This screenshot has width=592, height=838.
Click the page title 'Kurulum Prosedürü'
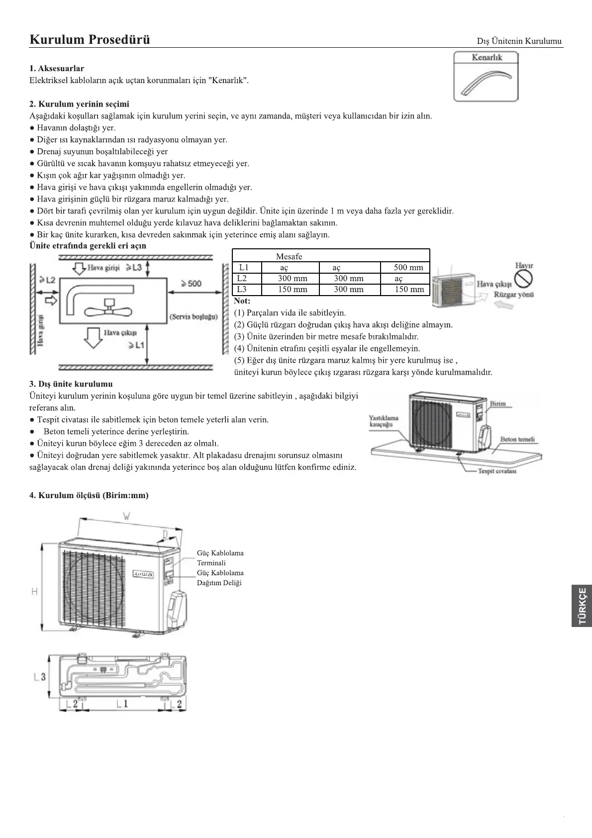coord(90,39)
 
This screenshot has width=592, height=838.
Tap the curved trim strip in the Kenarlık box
coord(485,82)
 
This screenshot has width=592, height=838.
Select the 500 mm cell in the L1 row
coord(408,268)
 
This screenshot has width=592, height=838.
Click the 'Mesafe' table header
coord(289,256)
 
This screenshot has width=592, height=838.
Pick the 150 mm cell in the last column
coord(409,290)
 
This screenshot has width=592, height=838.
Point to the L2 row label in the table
coord(242,279)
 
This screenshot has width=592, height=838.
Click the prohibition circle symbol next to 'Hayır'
coord(523,280)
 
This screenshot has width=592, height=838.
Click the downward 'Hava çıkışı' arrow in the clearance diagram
coord(93,336)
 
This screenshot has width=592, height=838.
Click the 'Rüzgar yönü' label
coord(513,295)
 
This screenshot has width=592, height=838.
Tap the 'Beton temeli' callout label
coord(517,439)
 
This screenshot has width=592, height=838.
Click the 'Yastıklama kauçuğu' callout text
coord(384,421)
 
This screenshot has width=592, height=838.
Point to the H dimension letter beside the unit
coord(34,592)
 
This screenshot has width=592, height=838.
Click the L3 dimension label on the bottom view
coord(40,677)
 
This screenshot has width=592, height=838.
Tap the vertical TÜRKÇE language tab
coord(582,606)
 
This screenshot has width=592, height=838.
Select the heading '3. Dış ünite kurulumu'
coord(71,384)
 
